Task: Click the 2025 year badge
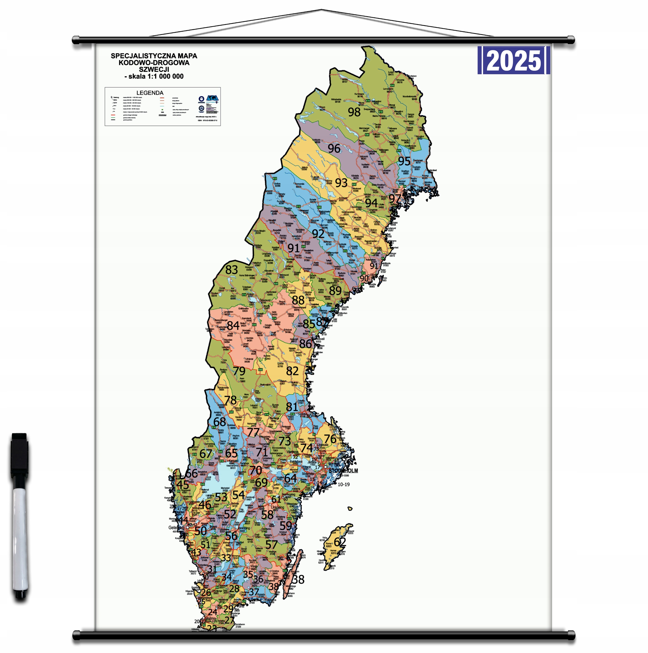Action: pyautogui.click(x=514, y=60)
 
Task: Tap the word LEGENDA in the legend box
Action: pyautogui.click(x=150, y=93)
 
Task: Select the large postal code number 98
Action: pyautogui.click(x=354, y=112)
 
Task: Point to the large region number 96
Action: pyautogui.click(x=334, y=148)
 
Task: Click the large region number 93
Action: pyautogui.click(x=341, y=183)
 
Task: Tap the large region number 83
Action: pyautogui.click(x=232, y=269)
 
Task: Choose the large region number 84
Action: pyautogui.click(x=233, y=325)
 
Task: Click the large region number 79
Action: pyautogui.click(x=239, y=371)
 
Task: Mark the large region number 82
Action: pyautogui.click(x=292, y=371)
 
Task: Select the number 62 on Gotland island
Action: pyautogui.click(x=340, y=542)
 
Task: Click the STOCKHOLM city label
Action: pyautogui.click(x=343, y=470)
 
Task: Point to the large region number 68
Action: pyautogui.click(x=219, y=421)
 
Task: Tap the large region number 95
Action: pyautogui.click(x=404, y=161)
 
